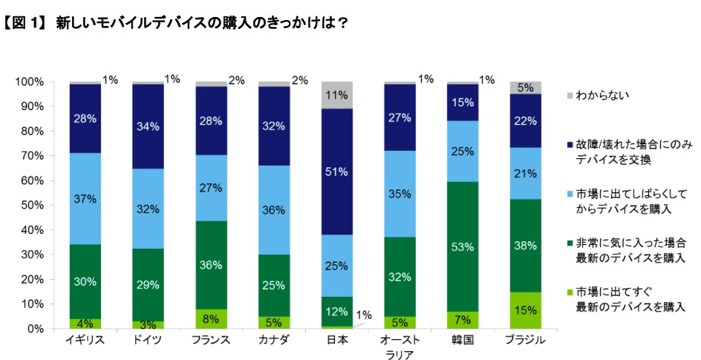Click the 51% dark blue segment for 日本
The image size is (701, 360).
(x=337, y=172)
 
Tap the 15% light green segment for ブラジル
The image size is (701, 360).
(x=526, y=310)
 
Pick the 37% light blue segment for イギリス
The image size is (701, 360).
(x=85, y=199)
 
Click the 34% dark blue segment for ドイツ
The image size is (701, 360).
(x=149, y=126)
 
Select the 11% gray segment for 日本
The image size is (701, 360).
(x=337, y=95)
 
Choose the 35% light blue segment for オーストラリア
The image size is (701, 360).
(x=400, y=194)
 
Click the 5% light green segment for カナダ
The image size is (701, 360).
(x=274, y=322)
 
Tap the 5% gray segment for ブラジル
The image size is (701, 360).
(x=526, y=88)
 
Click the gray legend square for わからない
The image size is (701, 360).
(x=570, y=96)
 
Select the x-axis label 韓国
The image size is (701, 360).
(x=463, y=341)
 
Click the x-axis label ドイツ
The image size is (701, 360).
(x=149, y=341)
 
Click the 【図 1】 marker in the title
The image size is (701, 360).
(x=26, y=23)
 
